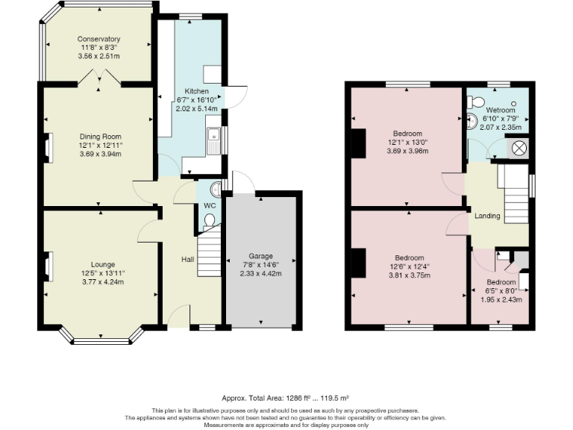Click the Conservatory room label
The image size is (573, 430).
click(x=98, y=39)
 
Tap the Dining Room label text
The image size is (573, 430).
click(x=101, y=137)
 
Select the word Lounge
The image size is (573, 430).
click(x=103, y=264)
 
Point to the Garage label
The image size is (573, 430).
click(x=261, y=256)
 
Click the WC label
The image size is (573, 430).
click(x=210, y=206)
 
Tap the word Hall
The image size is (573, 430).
click(x=188, y=259)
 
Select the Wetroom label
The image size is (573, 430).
click(x=501, y=110)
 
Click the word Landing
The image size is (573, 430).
click(x=487, y=216)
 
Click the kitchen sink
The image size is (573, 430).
click(x=213, y=140)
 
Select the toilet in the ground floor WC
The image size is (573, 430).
click(x=209, y=222)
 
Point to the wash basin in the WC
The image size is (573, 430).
click(x=215, y=189)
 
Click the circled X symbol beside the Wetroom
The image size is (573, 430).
click(x=518, y=148)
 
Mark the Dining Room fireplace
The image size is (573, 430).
click(x=48, y=148)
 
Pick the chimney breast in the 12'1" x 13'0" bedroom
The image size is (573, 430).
click(x=359, y=143)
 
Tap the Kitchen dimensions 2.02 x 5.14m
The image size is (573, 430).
click(x=197, y=108)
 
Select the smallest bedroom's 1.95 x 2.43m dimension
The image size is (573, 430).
click(x=501, y=299)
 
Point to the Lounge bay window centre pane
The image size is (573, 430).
click(x=101, y=341)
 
